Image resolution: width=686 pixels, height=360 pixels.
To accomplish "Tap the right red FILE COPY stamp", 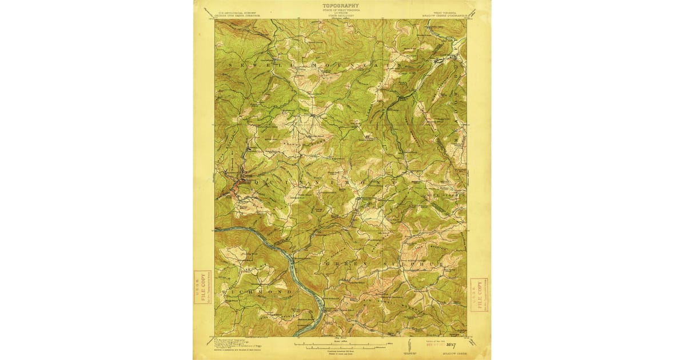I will pos(479,294).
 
